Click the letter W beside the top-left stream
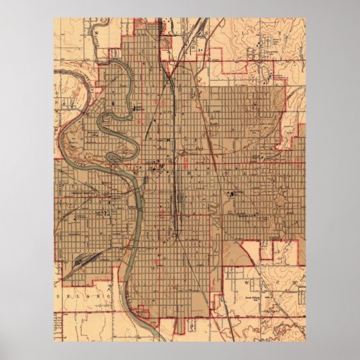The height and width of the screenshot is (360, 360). click(x=97, y=31)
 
